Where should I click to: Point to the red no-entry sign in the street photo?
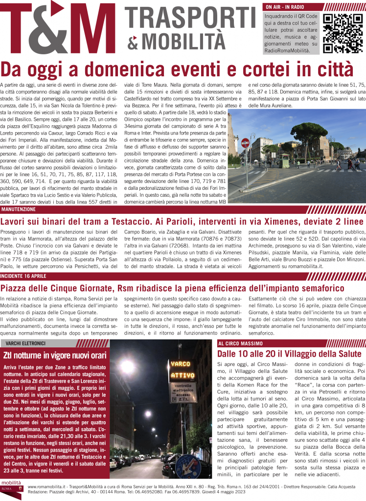pos(245,143)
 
